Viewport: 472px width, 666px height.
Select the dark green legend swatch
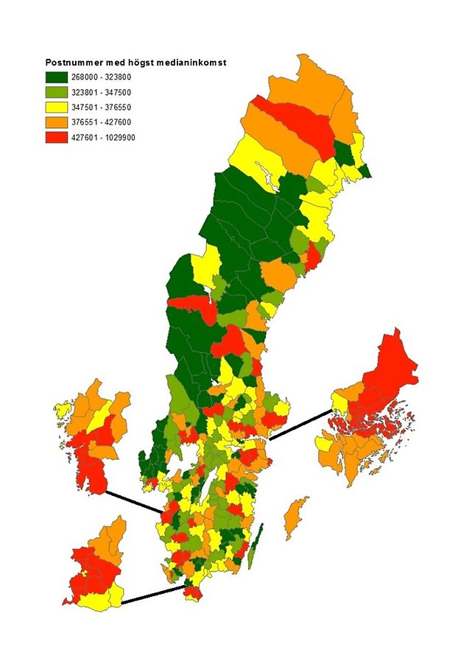57,77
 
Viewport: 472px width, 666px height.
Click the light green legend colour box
57,92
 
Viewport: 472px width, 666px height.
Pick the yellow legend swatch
57,107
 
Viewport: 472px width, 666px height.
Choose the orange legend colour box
57,121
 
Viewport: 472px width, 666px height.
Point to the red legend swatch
57,136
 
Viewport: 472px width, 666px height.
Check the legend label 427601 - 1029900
105,136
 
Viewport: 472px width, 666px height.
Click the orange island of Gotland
296,515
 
